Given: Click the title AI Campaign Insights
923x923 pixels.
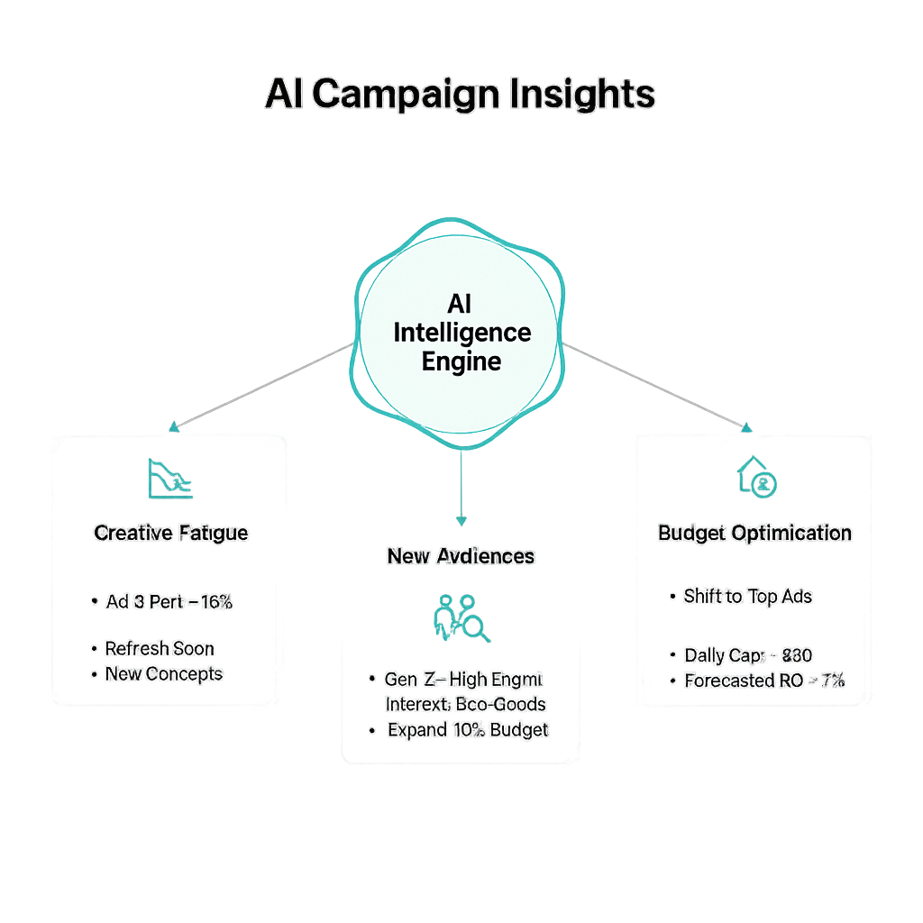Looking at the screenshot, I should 460,94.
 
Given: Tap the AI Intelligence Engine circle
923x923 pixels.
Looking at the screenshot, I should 461,333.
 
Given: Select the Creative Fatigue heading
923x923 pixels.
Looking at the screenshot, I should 171,533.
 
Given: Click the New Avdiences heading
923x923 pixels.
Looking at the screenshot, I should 461,556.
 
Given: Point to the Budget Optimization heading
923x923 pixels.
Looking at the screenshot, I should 754,533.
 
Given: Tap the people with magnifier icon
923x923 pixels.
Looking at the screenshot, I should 461,618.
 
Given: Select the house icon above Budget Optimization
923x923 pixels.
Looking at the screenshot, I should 757,477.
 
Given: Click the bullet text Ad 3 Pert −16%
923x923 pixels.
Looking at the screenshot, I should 169,602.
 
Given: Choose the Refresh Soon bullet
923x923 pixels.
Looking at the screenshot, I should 160,648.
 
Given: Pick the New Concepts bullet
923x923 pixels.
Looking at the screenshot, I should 163,673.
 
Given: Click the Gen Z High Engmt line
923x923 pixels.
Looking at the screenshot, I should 463,679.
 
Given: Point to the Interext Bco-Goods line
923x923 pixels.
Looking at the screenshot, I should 465,703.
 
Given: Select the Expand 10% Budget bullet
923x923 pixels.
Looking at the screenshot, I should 467,729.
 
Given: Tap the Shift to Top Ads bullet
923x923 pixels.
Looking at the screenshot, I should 747,596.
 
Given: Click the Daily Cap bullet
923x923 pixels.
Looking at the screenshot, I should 747,655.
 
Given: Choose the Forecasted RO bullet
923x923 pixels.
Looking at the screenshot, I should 763,681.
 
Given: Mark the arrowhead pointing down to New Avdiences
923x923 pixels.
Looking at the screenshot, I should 461,521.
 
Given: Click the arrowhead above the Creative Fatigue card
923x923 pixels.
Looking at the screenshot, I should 174,426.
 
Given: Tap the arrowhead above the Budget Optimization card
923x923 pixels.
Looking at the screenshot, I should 746,426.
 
